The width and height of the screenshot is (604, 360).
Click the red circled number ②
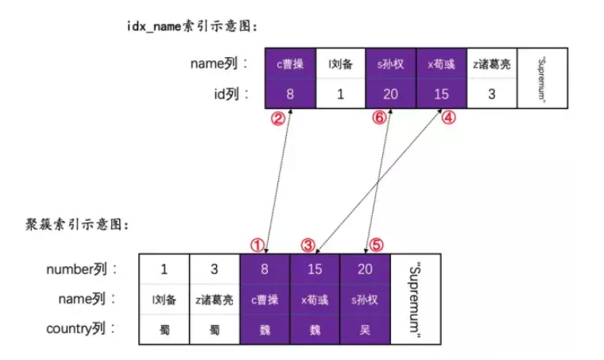click(x=277, y=118)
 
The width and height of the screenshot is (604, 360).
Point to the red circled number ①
click(x=256, y=244)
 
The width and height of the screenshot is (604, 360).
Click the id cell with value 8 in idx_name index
click(x=290, y=94)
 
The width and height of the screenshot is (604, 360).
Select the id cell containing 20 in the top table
click(x=390, y=94)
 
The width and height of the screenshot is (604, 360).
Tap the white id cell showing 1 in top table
click(x=340, y=94)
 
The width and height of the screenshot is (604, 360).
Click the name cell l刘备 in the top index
click(x=340, y=64)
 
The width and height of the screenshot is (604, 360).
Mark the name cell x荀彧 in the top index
click(x=440, y=64)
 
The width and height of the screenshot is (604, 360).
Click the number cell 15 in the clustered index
click(x=315, y=269)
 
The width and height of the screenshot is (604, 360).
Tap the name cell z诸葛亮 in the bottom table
click(x=214, y=300)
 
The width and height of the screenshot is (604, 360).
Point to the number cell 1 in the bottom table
click(x=164, y=269)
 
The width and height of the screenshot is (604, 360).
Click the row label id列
click(x=228, y=94)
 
